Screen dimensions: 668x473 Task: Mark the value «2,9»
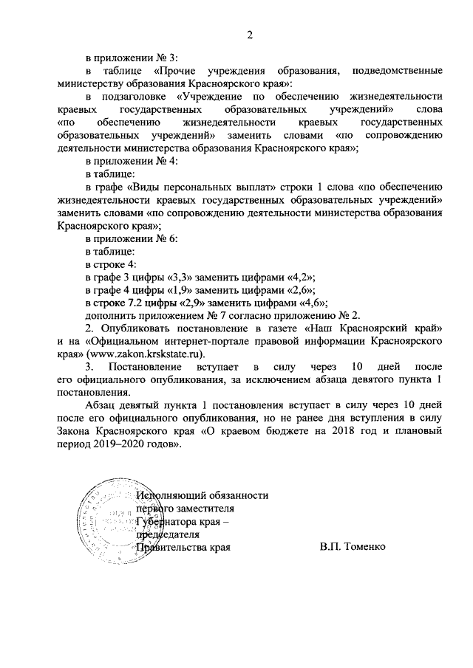click(x=192, y=303)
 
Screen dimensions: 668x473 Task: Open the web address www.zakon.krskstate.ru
click(x=147, y=354)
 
